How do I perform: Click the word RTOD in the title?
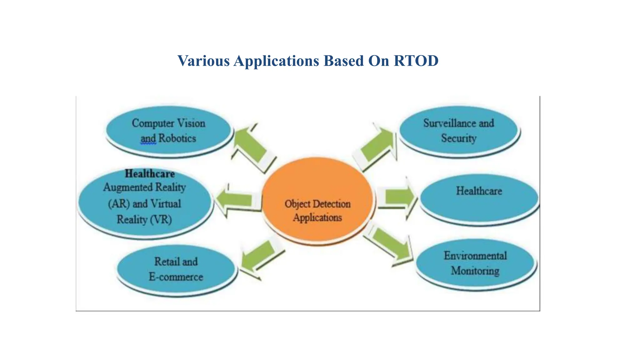point(416,61)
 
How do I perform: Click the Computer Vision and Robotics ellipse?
point(169,131)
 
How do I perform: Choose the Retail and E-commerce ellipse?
point(176,269)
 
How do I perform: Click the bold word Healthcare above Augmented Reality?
point(150,174)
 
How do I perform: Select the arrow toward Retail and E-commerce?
point(260,257)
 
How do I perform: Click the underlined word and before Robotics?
point(148,139)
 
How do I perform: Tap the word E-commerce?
point(176,277)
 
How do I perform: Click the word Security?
point(459,138)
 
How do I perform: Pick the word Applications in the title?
point(276,61)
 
